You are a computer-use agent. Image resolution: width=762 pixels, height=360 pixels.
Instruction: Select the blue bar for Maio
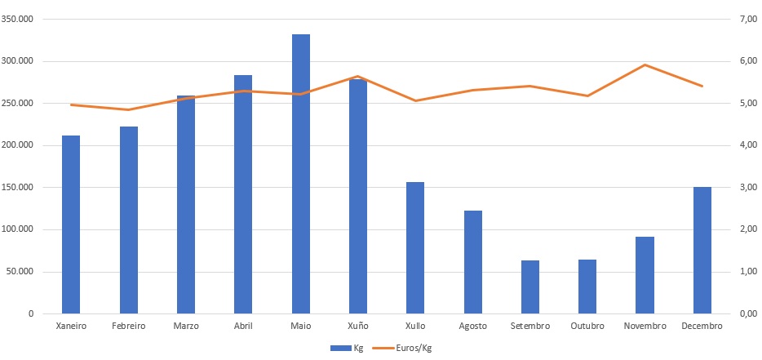tap(301, 174)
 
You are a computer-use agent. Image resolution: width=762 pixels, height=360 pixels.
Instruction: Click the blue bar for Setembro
tap(530, 287)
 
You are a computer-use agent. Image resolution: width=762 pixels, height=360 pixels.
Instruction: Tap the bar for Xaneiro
tap(71, 224)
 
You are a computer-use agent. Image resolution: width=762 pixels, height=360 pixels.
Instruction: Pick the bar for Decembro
tap(702, 250)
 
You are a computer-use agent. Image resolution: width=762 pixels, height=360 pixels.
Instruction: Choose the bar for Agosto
tap(473, 262)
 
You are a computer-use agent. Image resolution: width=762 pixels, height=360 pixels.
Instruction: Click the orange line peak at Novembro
tap(645, 64)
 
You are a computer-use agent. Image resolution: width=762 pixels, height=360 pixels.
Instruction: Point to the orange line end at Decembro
tap(702, 86)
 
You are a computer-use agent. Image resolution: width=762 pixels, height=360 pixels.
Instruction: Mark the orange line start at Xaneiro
tap(71, 104)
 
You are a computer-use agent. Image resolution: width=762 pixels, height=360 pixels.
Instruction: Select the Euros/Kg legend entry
tap(401, 348)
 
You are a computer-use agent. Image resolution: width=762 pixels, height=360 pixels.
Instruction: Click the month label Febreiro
tap(128, 326)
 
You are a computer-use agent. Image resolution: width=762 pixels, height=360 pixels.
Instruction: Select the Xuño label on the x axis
tap(358, 326)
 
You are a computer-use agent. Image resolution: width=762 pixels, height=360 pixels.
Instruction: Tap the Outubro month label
tap(587, 326)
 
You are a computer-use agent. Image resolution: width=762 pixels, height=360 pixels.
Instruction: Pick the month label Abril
tap(243, 326)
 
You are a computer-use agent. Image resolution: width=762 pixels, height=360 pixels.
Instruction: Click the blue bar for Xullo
tap(415, 248)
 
